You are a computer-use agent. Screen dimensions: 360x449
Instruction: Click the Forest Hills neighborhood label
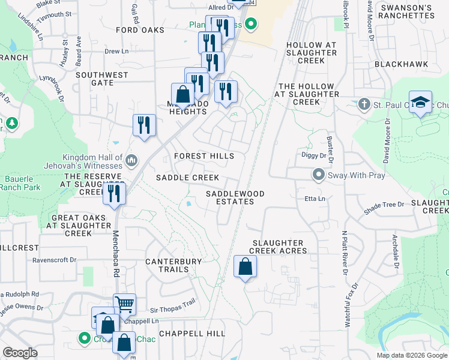(203, 156)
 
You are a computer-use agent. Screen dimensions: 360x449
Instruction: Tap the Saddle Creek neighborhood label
(187, 178)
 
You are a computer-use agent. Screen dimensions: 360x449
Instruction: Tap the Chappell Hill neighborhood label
(192, 333)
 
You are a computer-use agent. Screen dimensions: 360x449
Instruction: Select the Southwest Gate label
(102, 79)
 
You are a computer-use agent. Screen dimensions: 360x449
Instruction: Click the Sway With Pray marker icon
(318, 175)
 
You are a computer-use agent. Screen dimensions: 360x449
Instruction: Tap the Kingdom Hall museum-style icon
(132, 161)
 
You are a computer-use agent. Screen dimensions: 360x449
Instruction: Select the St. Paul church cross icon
(363, 105)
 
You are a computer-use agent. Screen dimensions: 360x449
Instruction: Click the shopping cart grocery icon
(125, 304)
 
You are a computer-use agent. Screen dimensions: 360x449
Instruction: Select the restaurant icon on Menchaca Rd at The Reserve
(113, 193)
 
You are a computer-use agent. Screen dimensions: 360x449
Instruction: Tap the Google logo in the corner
(20, 353)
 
